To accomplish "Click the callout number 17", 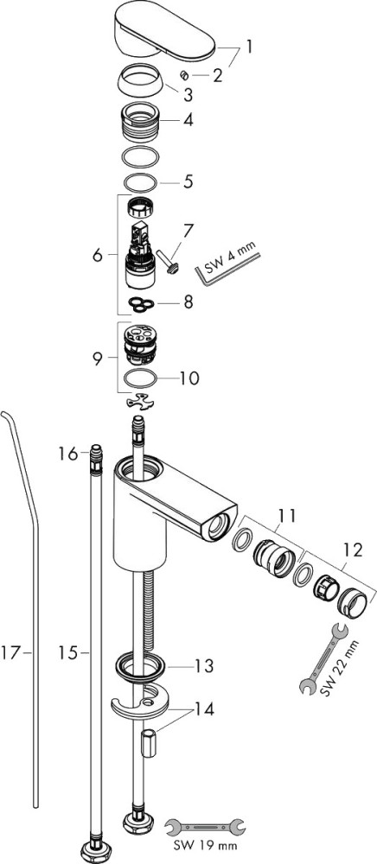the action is coord(10,653).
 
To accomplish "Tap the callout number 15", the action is coord(67,653).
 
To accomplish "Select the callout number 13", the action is coord(204,666).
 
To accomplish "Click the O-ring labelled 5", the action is coord(141,181).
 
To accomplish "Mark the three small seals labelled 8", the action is coord(142,303).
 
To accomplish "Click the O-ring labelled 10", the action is coord(140,379).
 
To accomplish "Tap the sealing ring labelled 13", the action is coord(141,668).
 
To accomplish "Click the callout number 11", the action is coord(286,516).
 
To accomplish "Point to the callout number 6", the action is coord(98,256).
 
